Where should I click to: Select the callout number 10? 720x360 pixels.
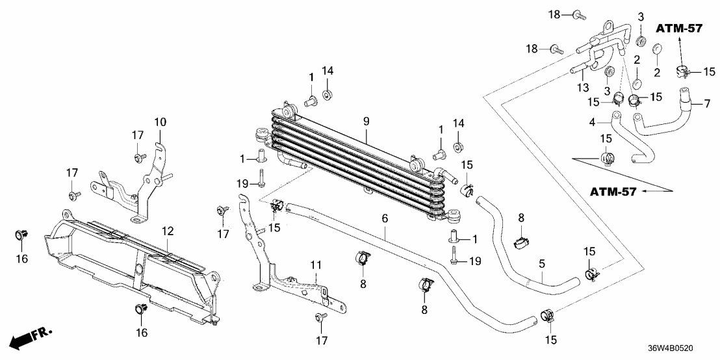point(160,122)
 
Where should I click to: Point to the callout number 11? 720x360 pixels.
point(316,265)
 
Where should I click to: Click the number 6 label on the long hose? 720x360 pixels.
point(385,220)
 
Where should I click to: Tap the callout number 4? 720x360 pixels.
point(592,122)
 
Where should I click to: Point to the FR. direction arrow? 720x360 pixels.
point(29,337)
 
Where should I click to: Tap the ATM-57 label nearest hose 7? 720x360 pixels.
point(679,28)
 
